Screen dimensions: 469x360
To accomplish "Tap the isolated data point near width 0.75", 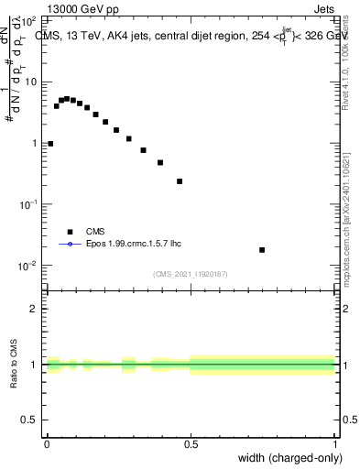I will click(x=262, y=250).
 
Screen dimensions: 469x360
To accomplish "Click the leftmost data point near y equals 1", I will click(x=50, y=144).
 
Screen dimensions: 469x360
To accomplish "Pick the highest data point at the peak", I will click(x=67, y=98).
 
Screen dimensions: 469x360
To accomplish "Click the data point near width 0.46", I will click(x=180, y=181).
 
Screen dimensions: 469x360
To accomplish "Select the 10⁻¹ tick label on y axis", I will click(x=27, y=204).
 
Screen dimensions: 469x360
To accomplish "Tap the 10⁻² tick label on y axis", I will click(x=27, y=266).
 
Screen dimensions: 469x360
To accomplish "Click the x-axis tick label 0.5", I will click(x=191, y=442).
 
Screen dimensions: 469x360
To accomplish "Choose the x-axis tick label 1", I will click(x=334, y=442).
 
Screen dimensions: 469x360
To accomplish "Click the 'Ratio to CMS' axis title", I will click(x=13, y=364).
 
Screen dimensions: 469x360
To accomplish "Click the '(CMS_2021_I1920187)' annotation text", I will click(x=191, y=273).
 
